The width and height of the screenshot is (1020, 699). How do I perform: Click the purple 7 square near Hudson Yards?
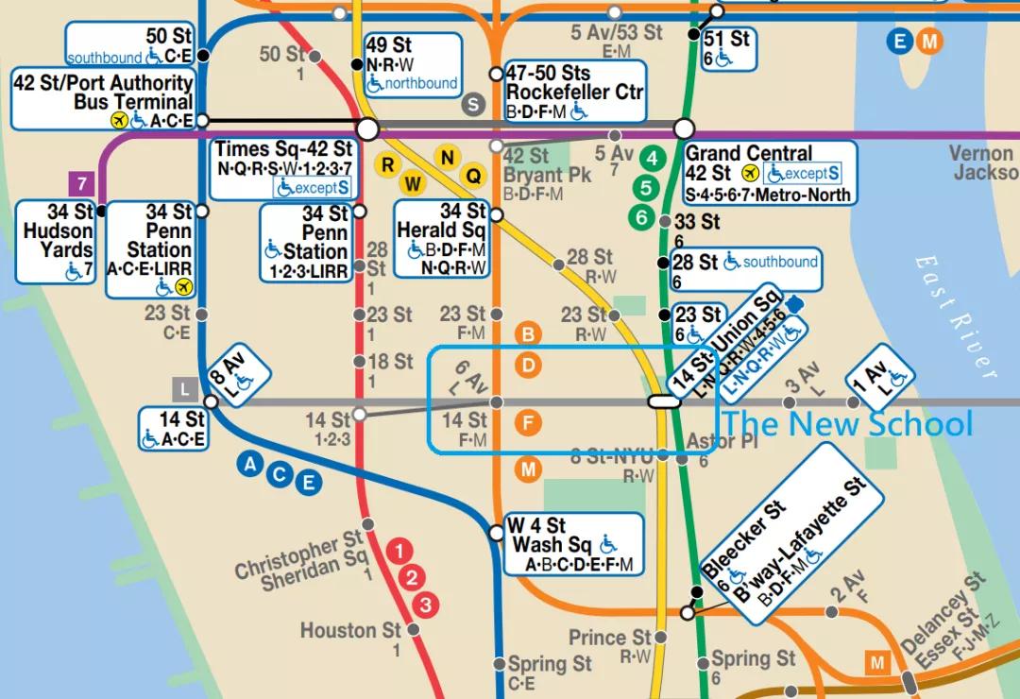[x=81, y=183]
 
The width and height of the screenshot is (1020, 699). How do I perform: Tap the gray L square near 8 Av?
[x=184, y=388]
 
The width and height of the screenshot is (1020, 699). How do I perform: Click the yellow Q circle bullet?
[x=473, y=175]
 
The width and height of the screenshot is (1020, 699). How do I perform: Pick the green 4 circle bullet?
[x=650, y=158]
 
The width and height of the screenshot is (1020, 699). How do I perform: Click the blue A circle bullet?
[x=250, y=463]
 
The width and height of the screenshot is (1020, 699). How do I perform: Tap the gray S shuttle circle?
[x=473, y=105]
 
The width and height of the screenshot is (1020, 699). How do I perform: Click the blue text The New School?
[x=847, y=424]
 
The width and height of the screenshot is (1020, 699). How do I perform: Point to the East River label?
[x=956, y=315]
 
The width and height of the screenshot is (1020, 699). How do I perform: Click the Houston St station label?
[x=351, y=631]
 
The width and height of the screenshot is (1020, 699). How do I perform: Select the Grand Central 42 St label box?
[x=770, y=173]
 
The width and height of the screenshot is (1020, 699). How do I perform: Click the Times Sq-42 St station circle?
[x=367, y=128]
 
